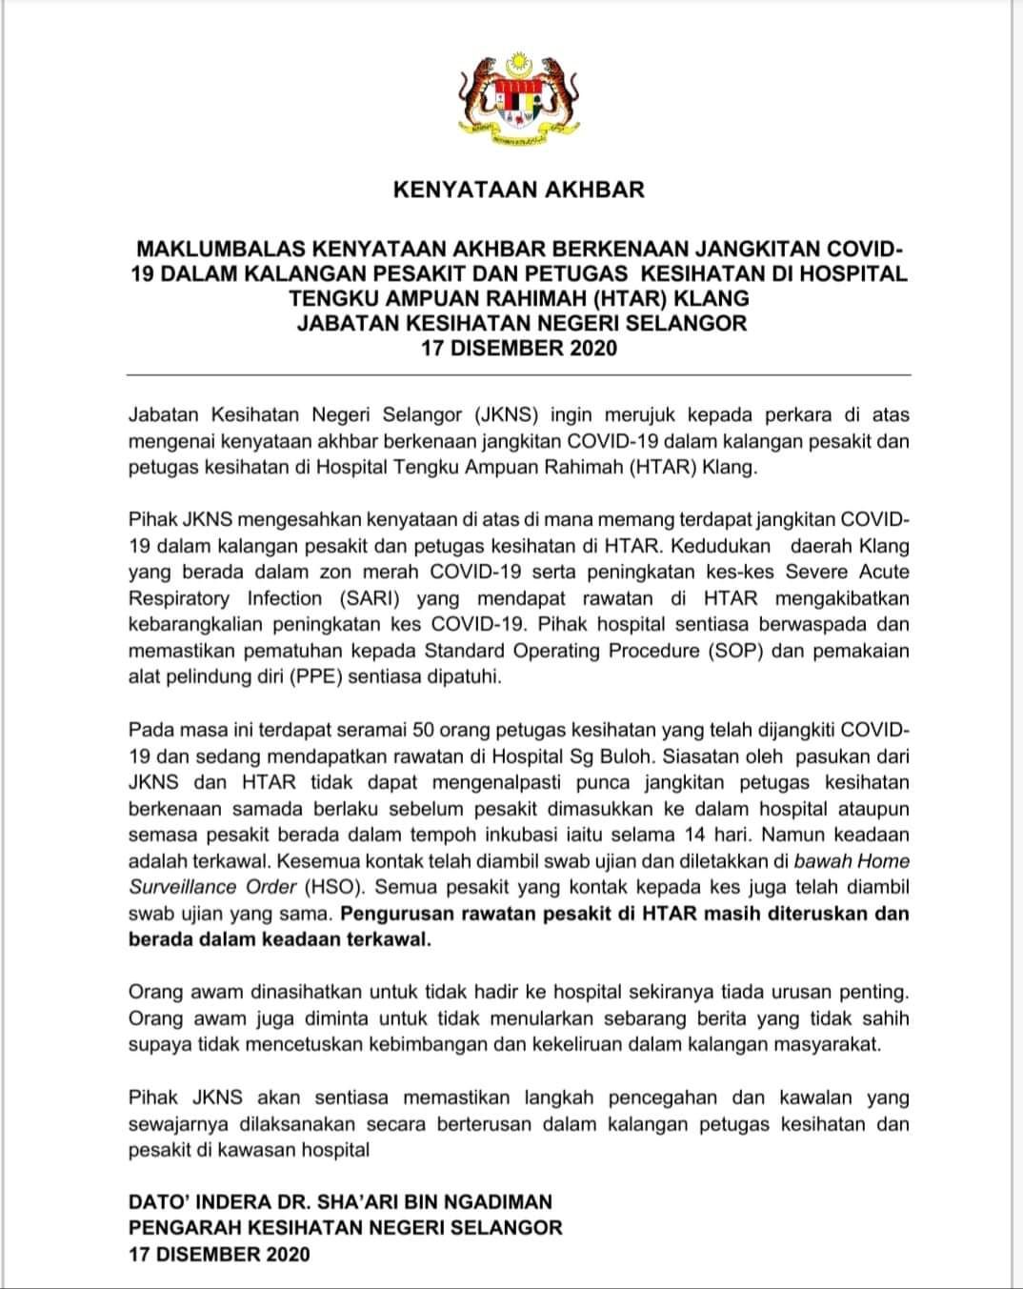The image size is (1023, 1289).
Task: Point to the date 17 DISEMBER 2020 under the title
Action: pyautogui.click(x=519, y=348)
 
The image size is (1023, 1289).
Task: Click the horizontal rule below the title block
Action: pyautogui.click(x=519, y=375)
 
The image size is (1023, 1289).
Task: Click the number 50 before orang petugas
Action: pyautogui.click(x=425, y=730)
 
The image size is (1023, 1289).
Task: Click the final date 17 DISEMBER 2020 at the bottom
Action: pyautogui.click(x=219, y=1255)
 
